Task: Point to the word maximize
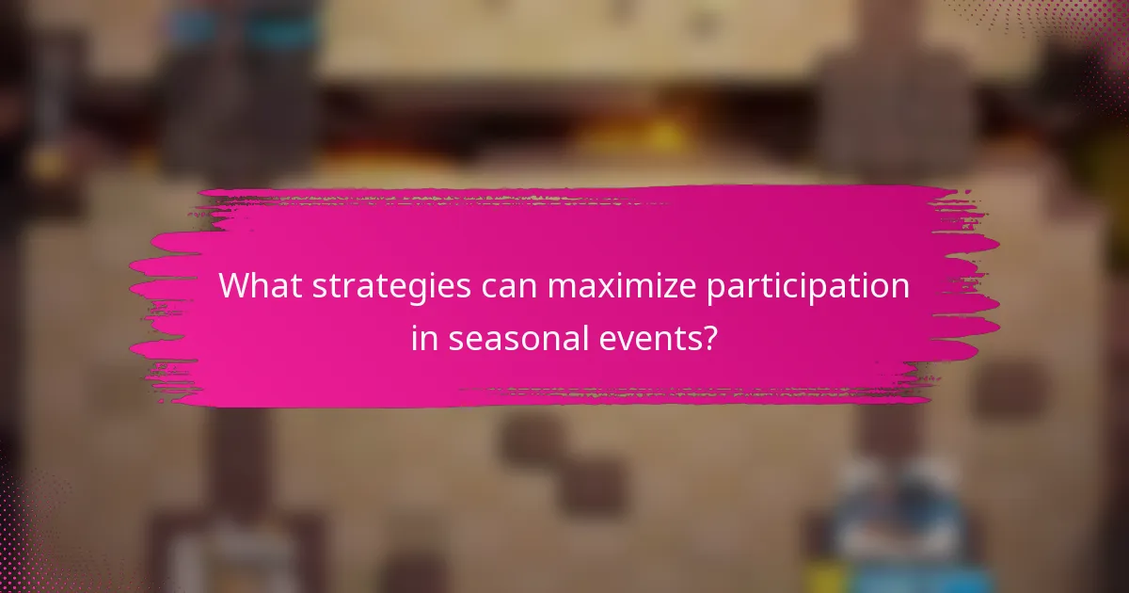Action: pyautogui.click(x=627, y=287)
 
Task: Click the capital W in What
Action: pyautogui.click(x=234, y=286)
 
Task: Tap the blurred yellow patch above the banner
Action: pyautogui.click(x=649, y=141)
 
